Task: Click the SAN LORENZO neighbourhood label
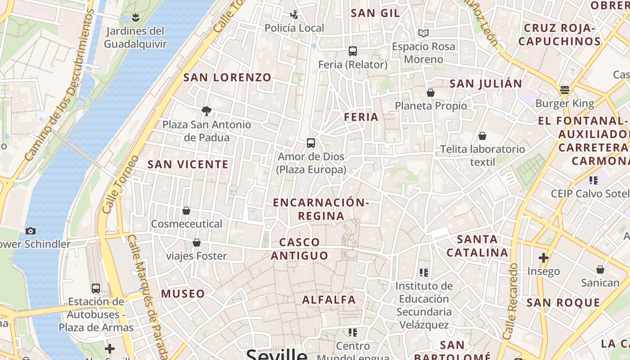(227, 77)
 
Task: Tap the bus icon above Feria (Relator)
(353, 51)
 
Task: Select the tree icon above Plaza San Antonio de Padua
(207, 111)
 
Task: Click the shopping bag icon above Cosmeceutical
(186, 211)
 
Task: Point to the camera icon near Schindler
(31, 231)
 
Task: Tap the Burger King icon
(565, 90)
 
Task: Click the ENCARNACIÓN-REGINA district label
(321, 209)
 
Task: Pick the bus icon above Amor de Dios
(310, 143)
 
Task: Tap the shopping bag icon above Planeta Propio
(431, 93)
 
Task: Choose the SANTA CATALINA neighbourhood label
(477, 246)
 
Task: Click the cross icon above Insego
(544, 258)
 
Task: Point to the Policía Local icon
(294, 15)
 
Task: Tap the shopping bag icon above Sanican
(600, 270)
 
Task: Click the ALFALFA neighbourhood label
(329, 300)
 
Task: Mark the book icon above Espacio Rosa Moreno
(423, 33)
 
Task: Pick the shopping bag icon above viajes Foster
(197, 243)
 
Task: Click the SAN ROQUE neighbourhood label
(563, 302)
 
